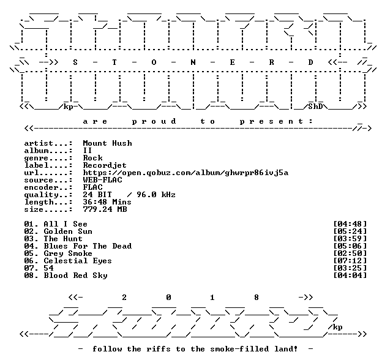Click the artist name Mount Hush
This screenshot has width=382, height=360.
point(108,143)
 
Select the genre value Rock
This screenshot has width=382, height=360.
point(93,158)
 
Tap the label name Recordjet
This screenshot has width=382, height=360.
point(105,165)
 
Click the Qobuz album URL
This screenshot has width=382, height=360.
point(185,173)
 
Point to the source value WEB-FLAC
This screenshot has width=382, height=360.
point(103,180)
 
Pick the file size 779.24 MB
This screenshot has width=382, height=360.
point(105,209)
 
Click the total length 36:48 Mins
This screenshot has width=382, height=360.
point(107,202)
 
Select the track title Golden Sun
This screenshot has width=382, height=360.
point(68,231)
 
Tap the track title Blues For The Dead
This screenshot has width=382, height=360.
point(88,246)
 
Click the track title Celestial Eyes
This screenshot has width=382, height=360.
point(78,261)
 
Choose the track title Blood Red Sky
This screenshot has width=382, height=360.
point(75,276)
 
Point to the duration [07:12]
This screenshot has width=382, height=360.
point(350,261)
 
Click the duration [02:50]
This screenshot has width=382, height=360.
point(350,253)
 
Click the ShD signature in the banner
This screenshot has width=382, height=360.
point(315,107)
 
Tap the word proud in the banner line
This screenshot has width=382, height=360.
point(154,121)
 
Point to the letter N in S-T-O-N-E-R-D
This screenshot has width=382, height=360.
point(193,62)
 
